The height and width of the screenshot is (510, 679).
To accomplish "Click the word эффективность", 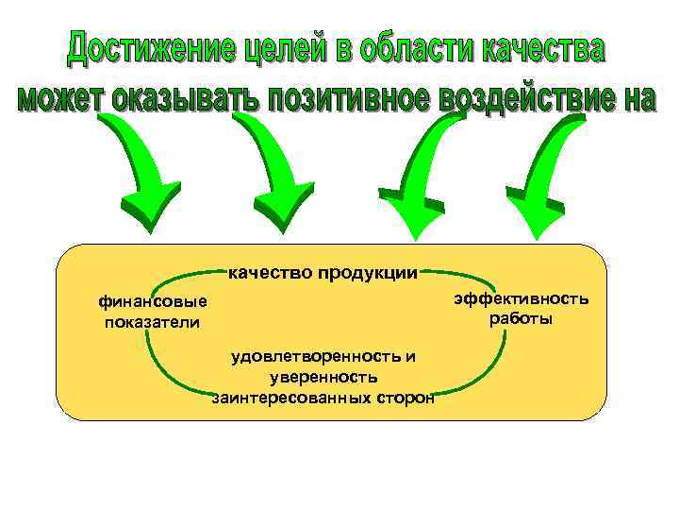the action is (x=521, y=298).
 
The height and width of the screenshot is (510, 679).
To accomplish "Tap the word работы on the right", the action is (x=521, y=318).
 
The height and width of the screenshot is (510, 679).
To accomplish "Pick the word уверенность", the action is (x=323, y=377).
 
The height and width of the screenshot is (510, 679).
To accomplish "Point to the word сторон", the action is (x=406, y=398).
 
